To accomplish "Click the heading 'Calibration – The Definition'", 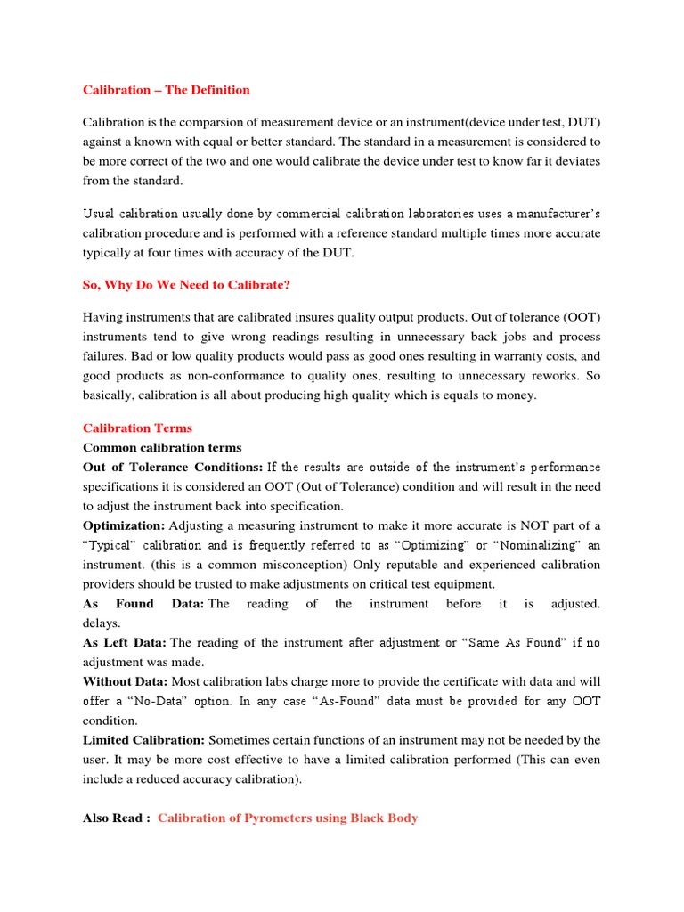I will point(167,90).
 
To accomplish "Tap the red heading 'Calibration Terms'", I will point(137,427).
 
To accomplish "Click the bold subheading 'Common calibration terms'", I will point(162,447).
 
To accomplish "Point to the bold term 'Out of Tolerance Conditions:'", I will point(173,467).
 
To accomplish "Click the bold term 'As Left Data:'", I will point(125,642).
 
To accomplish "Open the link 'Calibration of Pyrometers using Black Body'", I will point(288,818).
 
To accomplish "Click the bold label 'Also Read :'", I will point(116,818).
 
